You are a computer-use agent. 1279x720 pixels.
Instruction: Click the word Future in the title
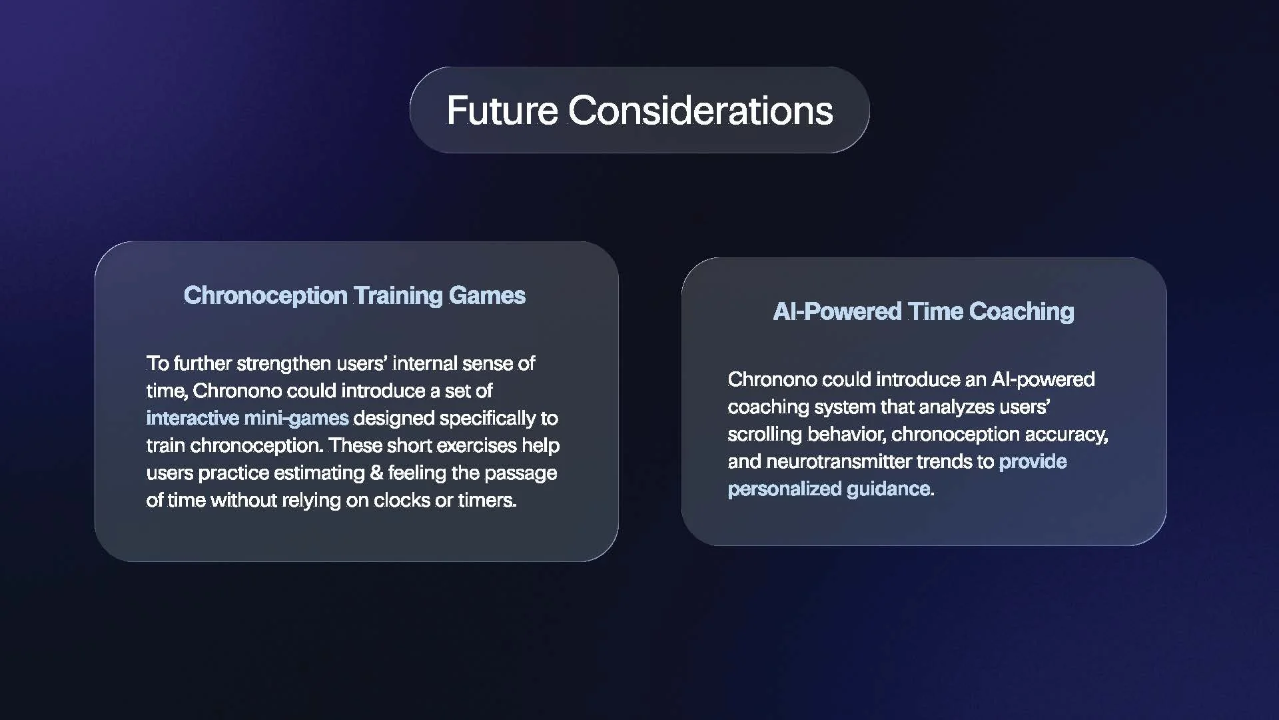coord(502,111)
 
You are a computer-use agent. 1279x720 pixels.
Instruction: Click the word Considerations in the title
coord(700,111)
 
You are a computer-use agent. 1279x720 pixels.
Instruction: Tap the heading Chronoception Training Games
coord(354,295)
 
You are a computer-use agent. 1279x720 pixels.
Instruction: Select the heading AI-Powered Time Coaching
coord(923,311)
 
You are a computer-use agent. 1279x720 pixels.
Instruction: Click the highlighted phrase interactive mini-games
coord(247,418)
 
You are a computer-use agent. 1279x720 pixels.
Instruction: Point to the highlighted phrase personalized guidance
coord(829,489)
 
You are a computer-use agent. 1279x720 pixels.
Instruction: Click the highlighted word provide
coord(1033,461)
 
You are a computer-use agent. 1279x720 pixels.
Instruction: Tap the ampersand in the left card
coord(376,473)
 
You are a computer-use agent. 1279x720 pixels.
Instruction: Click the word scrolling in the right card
coord(764,434)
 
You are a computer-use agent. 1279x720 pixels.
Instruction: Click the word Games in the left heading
coord(487,295)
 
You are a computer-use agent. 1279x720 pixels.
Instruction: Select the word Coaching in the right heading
coord(1021,311)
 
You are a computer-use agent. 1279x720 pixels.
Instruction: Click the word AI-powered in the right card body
coord(1043,379)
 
